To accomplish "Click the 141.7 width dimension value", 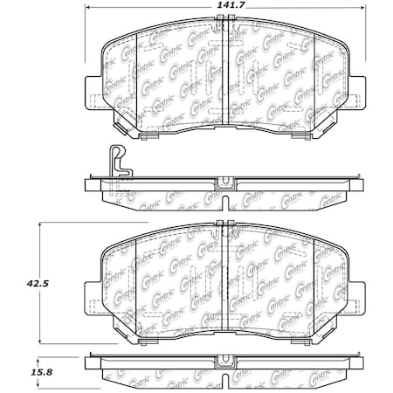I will (x=225, y=9).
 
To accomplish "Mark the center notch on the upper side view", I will (x=225, y=183).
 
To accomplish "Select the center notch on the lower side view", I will (x=225, y=359).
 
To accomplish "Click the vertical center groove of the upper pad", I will (x=225, y=83).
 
